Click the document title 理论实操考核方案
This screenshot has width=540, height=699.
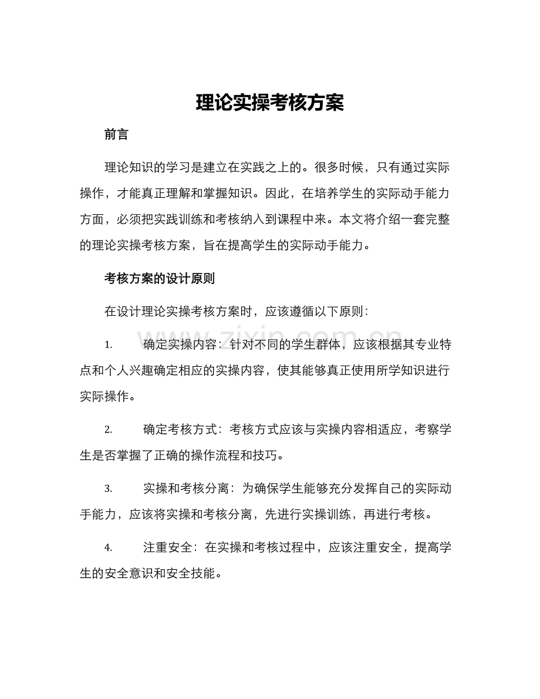click(x=269, y=103)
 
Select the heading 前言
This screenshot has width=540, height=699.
click(x=116, y=134)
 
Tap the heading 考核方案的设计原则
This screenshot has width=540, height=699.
click(x=159, y=279)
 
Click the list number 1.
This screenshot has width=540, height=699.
click(x=107, y=344)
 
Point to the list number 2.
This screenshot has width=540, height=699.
click(x=108, y=430)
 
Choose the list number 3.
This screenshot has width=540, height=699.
click(x=108, y=488)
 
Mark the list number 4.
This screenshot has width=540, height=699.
click(x=108, y=548)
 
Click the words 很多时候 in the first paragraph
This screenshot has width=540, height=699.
click(x=349, y=167)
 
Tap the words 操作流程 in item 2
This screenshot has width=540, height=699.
click(x=239, y=455)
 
